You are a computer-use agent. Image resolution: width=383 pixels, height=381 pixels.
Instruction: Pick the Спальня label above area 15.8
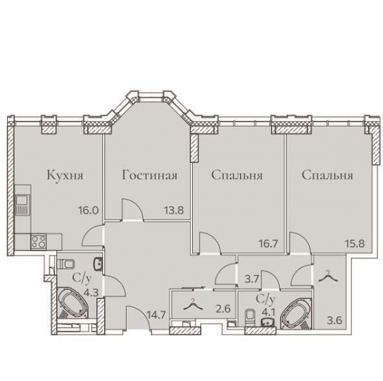[x=327, y=176]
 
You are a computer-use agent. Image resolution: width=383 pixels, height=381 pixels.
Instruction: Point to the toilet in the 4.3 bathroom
[x=67, y=263]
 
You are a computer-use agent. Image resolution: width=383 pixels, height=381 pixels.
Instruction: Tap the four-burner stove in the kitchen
[x=39, y=242]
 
